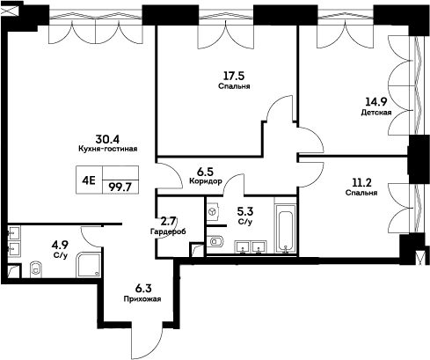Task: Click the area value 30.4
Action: (107, 139)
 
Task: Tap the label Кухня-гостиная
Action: (107, 150)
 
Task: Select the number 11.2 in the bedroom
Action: (361, 181)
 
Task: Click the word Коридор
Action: (204, 182)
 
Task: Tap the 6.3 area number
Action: (142, 287)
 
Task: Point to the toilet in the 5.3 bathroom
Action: (218, 241)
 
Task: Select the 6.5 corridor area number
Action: (205, 172)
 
